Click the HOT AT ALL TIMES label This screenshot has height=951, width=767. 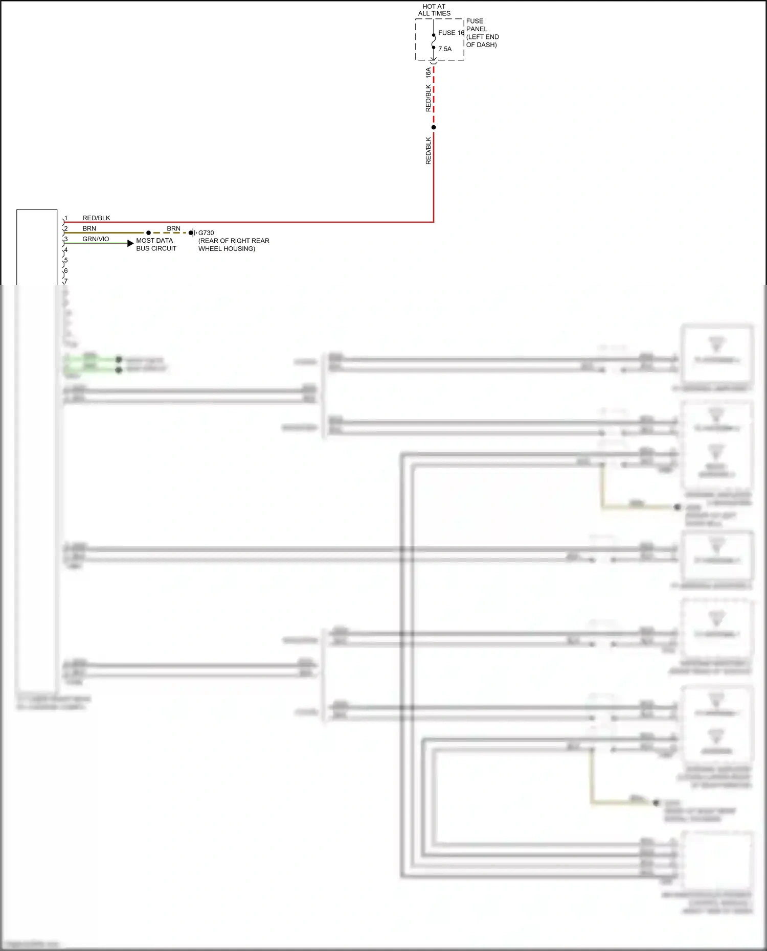pos(434,10)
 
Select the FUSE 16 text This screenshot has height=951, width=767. pos(451,33)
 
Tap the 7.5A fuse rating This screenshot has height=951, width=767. pos(445,49)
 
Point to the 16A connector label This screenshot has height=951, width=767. pos(428,73)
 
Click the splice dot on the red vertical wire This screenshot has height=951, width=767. pos(434,127)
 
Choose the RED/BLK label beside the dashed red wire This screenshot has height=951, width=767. pos(428,98)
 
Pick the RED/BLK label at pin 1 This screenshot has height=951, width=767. pos(96,218)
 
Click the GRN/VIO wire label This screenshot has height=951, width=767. pos(96,239)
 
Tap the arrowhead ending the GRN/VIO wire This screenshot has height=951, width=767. pos(130,243)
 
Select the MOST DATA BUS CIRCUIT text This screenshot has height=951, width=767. pos(156,244)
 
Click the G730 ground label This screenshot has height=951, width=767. pos(206,233)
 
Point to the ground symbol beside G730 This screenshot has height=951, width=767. pos(194,233)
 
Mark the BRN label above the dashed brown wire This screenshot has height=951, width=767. pos(173,228)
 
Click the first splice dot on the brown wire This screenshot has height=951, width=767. pos(148,233)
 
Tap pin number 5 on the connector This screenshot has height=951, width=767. pos(66,261)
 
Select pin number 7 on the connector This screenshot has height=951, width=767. pos(66,281)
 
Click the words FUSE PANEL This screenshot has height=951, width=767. pos(476,25)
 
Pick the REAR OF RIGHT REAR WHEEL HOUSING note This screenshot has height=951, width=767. pos(234,245)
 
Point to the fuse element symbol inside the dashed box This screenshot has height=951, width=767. pos(434,41)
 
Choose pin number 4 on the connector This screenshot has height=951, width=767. pos(66,250)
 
